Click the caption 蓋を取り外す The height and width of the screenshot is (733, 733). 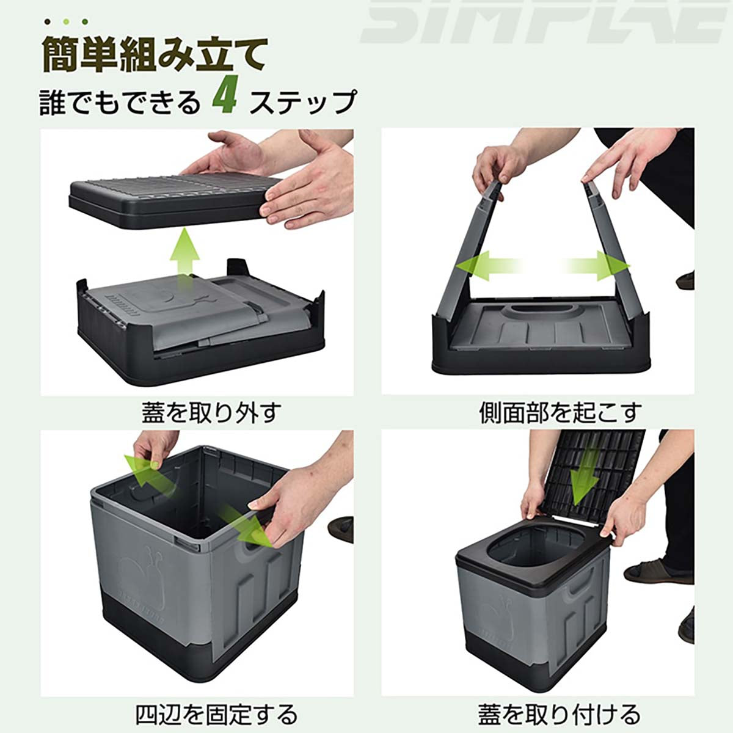pyautogui.click(x=211, y=413)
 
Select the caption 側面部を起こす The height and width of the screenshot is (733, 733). pyautogui.click(x=560, y=413)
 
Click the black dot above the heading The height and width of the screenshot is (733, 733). pyautogui.click(x=47, y=21)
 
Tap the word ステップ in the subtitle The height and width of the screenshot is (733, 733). pyautogui.click(x=303, y=102)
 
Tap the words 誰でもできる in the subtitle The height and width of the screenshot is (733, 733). pyautogui.click(x=120, y=102)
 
